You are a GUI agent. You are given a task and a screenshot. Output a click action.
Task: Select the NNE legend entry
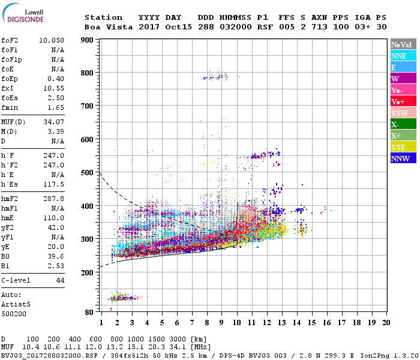pos(398,56)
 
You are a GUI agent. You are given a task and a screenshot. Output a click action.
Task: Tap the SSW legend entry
pos(400,113)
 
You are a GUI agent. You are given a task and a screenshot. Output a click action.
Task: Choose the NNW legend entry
pos(400,158)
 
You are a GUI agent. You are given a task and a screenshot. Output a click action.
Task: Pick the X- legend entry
pos(395,124)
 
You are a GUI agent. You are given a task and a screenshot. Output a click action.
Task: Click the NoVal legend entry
pos(401,44)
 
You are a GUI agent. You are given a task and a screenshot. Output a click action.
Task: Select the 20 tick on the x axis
pos(386,323)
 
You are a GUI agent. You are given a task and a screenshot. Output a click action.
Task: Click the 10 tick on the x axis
pos(236,323)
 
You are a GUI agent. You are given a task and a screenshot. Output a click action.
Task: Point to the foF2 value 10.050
pos(52,40)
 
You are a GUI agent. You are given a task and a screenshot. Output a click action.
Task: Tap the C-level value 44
pos(60,280)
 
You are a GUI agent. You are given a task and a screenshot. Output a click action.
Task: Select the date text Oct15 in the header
pos(179,27)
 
